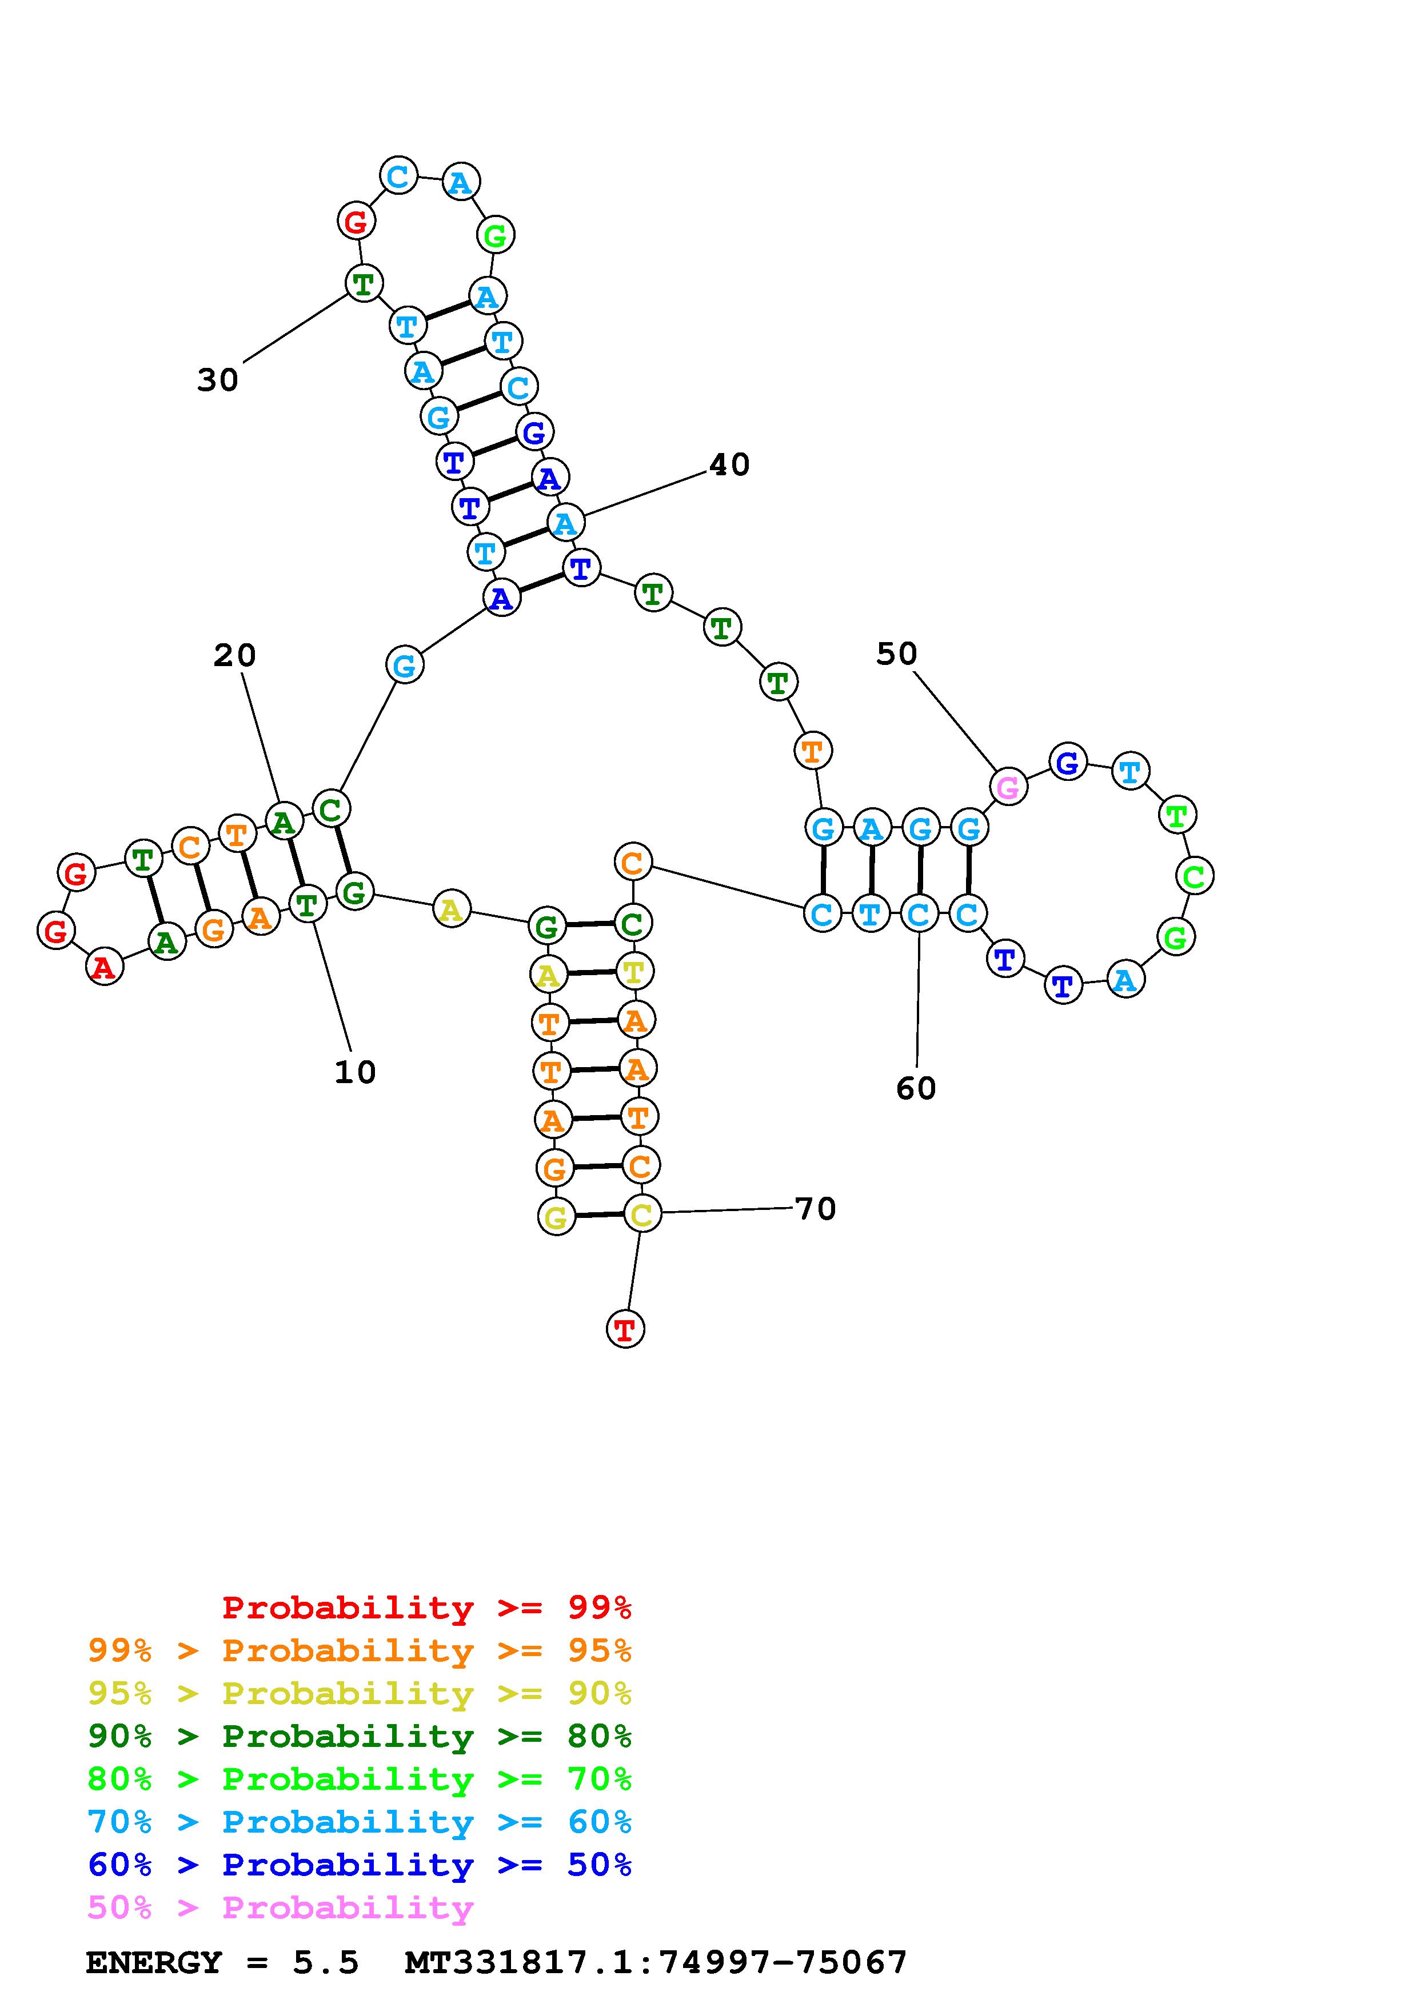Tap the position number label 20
(235, 655)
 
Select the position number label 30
(217, 380)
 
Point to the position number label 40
(729, 464)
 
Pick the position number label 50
(897, 654)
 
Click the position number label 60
(916, 1088)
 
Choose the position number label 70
(816, 1209)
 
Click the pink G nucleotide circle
(1008, 787)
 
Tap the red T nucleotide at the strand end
(625, 1329)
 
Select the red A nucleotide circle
(104, 967)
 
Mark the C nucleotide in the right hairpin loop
(1194, 875)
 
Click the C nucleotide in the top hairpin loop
(398, 177)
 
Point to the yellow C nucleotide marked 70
(642, 1214)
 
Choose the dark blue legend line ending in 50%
(360, 1865)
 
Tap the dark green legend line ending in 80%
(360, 1736)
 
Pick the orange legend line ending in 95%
(360, 1650)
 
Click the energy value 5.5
(326, 1962)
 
